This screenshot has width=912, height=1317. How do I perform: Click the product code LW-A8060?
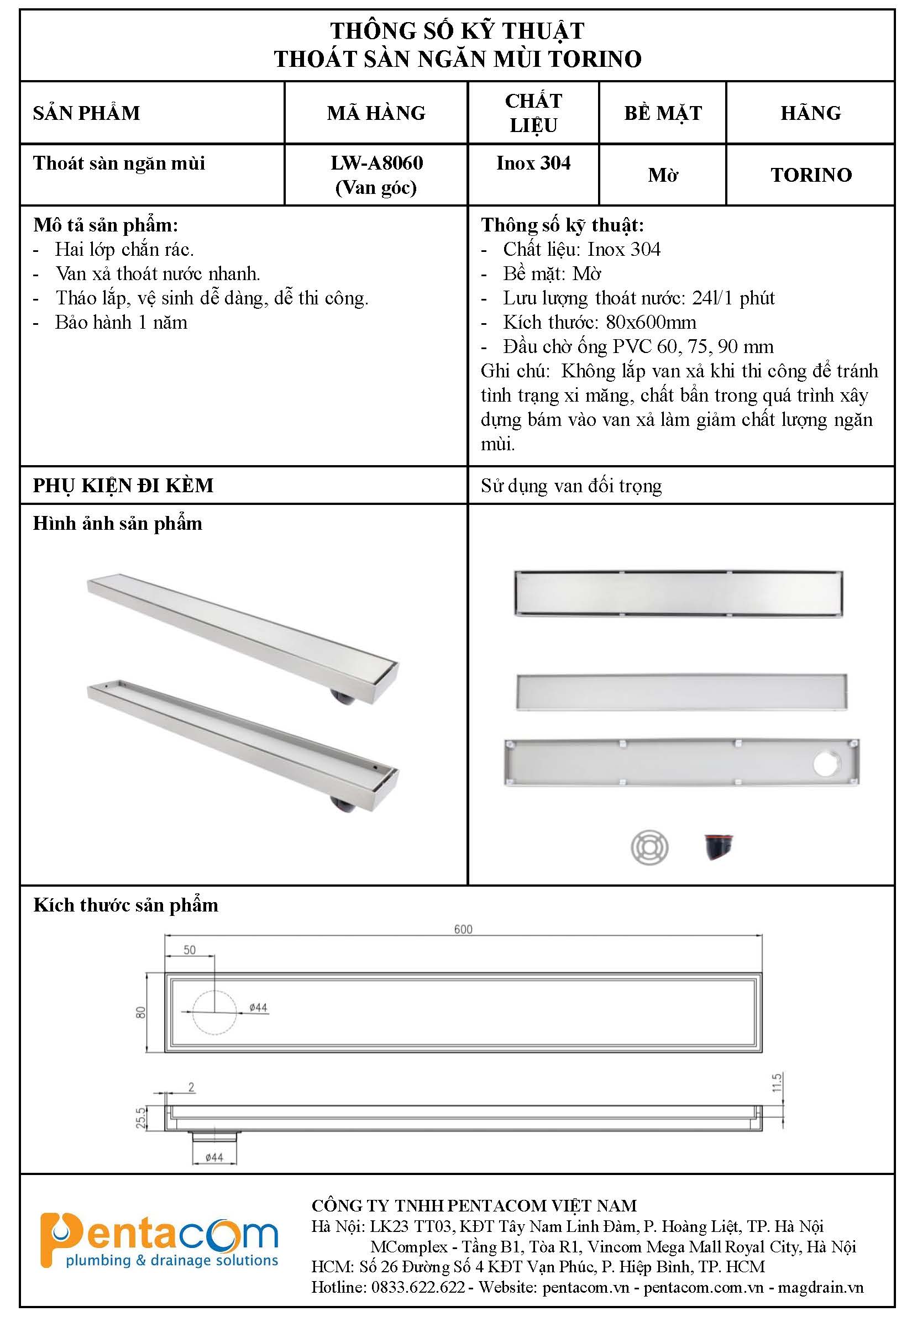(x=376, y=164)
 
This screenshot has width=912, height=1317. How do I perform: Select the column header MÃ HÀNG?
(x=376, y=113)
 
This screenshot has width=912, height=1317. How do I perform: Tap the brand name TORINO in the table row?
(x=811, y=175)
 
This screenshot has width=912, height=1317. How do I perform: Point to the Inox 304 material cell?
(x=533, y=164)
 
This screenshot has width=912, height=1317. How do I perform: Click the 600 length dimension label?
(x=463, y=929)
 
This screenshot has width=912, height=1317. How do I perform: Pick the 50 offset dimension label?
(x=189, y=950)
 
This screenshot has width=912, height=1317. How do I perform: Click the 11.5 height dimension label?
(x=776, y=1082)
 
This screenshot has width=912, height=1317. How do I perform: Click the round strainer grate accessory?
(x=649, y=847)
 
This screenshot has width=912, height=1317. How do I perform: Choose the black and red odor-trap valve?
(x=717, y=847)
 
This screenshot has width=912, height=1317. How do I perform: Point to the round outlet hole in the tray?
(x=827, y=764)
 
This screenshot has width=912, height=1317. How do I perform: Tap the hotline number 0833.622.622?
(x=418, y=1287)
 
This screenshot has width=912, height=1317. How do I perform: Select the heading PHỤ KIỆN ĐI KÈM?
(x=123, y=486)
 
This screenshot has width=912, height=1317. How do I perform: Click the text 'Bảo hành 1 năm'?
(x=121, y=323)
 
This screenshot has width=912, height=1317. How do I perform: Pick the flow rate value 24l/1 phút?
(x=733, y=298)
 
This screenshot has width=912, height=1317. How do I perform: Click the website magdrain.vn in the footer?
(x=821, y=1287)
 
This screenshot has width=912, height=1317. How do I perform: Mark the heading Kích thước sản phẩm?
(x=125, y=905)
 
